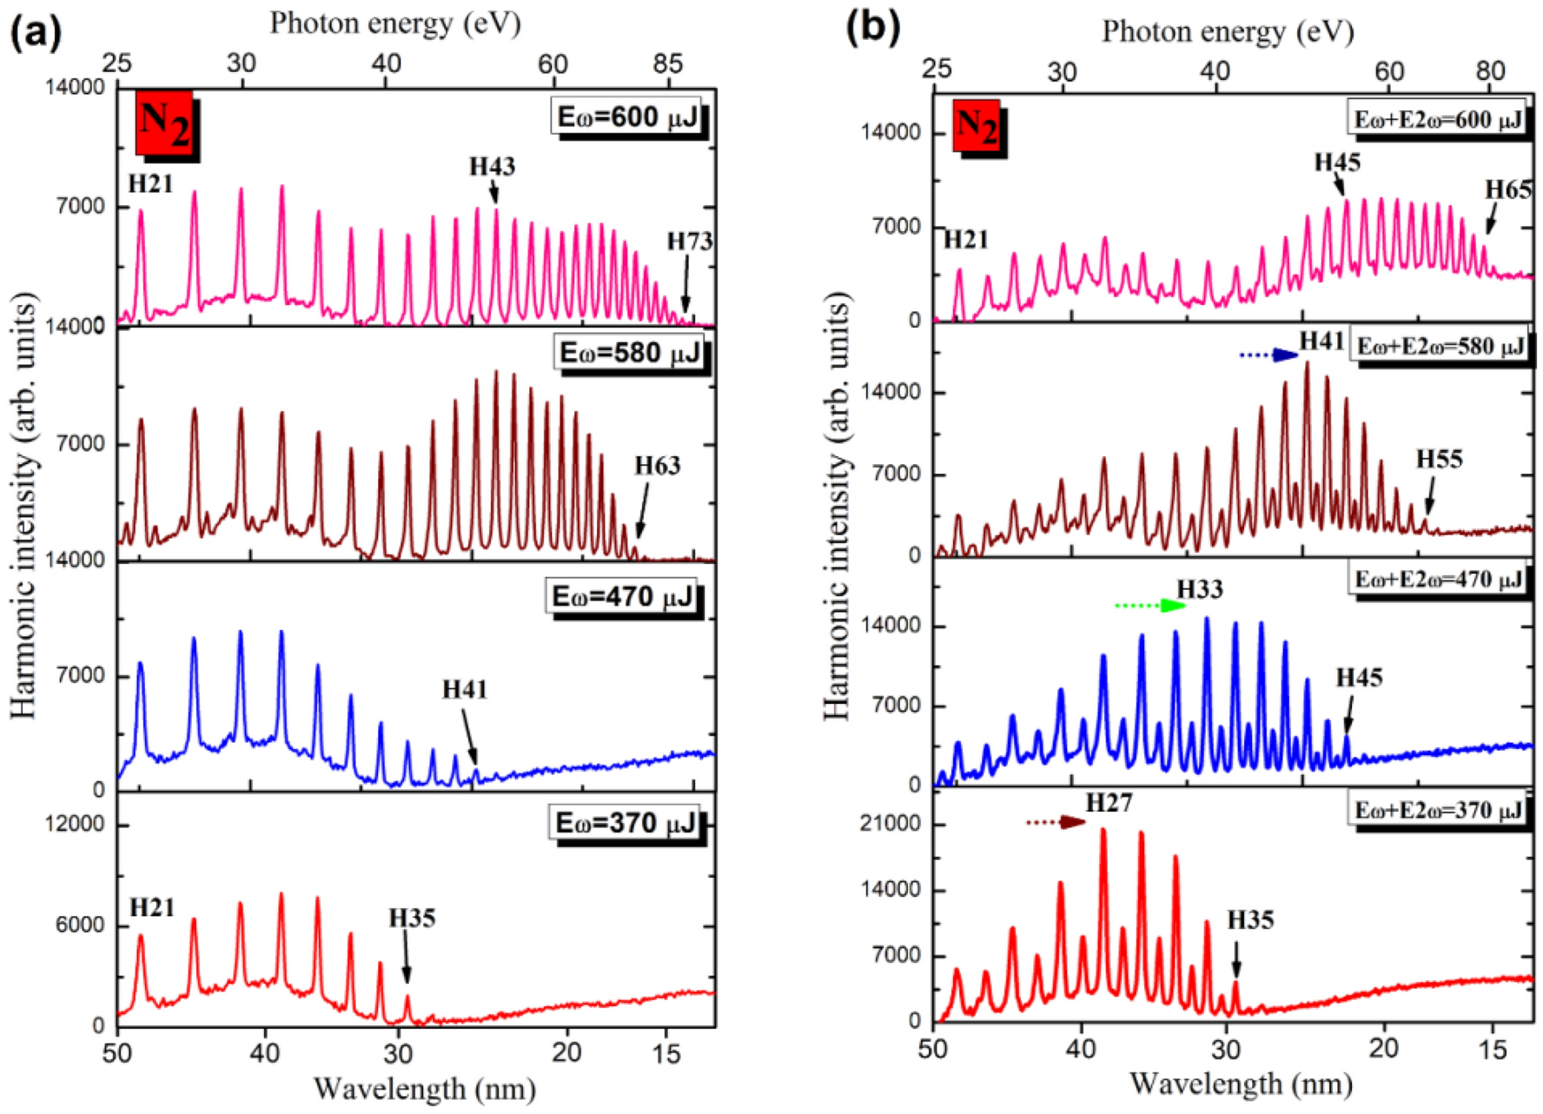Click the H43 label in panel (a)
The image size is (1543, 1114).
pos(492,166)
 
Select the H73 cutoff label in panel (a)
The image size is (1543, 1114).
pos(689,241)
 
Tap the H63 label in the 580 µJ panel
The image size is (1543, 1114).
pos(657,466)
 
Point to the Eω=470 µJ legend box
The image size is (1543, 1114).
pos(624,597)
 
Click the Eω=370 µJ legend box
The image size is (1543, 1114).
pos(626,822)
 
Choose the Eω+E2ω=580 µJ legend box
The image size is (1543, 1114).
pos(1440,347)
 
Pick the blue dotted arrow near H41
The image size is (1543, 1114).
pos(1267,355)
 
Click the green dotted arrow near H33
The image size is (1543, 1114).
pos(1149,606)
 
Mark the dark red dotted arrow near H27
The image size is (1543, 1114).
pos(1055,822)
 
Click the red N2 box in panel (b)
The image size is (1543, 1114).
pos(977,126)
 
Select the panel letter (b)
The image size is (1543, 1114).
pos(872,28)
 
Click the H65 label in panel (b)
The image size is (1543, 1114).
pos(1507,189)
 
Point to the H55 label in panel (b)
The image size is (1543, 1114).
pos(1439,459)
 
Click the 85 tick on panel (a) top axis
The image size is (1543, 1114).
pos(667,63)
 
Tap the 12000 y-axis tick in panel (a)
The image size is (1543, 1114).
pos(74,823)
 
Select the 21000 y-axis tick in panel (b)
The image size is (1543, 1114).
pos(890,823)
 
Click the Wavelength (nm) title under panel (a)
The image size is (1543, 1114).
pos(424,1088)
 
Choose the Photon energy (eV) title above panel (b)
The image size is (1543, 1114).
pos(1227,32)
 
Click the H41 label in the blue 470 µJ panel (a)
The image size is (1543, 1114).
pos(465,689)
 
